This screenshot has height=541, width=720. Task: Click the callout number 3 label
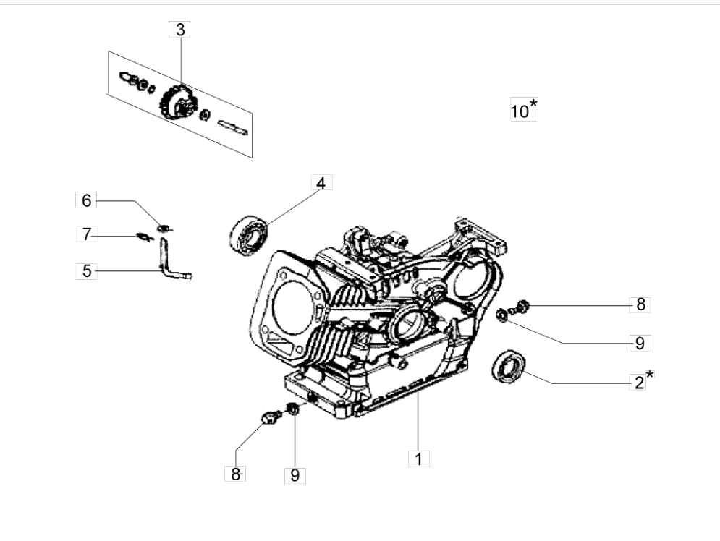pyautogui.click(x=179, y=30)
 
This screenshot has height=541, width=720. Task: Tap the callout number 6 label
pyautogui.click(x=85, y=200)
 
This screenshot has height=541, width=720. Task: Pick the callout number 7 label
pyautogui.click(x=86, y=234)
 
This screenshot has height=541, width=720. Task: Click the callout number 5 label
pyautogui.click(x=86, y=271)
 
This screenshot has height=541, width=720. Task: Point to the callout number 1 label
pyautogui.click(x=418, y=459)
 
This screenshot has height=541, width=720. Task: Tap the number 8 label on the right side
pyautogui.click(x=640, y=304)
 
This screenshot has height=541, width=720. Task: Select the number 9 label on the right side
pyautogui.click(x=639, y=343)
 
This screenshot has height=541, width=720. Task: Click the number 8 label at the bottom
pyautogui.click(x=235, y=474)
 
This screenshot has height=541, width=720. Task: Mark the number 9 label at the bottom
pyautogui.click(x=295, y=475)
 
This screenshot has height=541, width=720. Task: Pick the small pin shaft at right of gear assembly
pyautogui.click(x=232, y=125)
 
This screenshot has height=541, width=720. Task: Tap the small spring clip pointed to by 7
pyautogui.click(x=144, y=235)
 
